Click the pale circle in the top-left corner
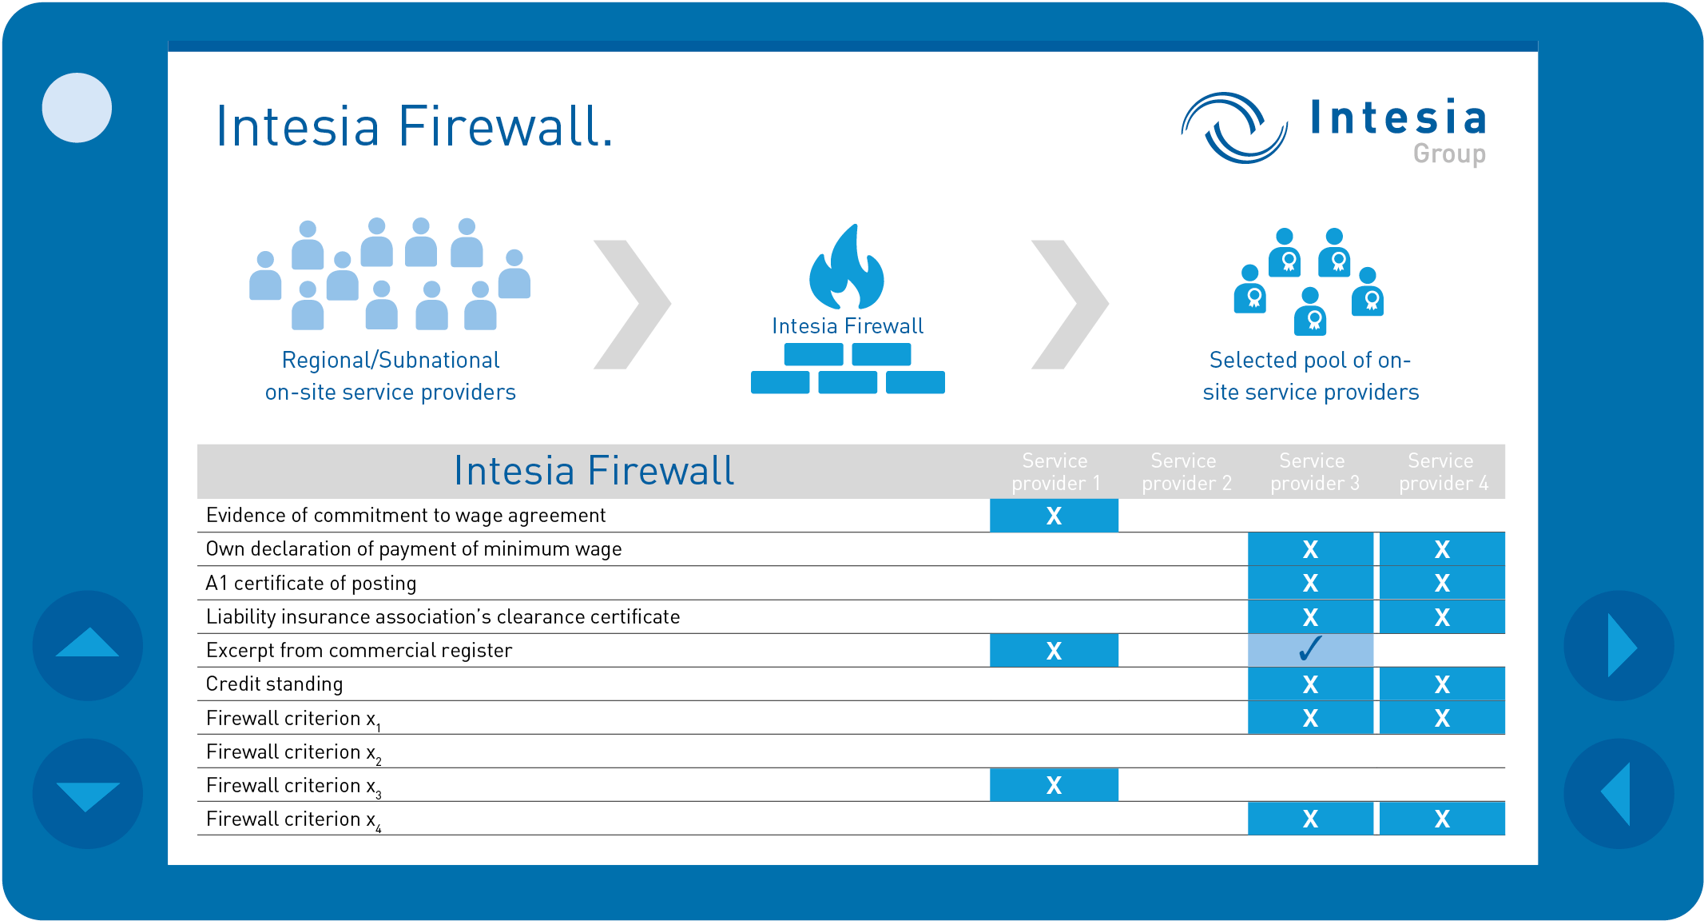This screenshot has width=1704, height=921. coord(77,108)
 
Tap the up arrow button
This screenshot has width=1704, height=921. coord(88,645)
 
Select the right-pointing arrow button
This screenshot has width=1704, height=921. coord(1619,645)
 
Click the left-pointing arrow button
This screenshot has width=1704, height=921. coord(1619,793)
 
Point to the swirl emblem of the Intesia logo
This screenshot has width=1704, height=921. coord(1234,128)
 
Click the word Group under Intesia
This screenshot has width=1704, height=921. coord(1449,153)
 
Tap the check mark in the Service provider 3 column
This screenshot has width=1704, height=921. coord(1310,648)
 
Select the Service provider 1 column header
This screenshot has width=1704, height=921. coord(1055,472)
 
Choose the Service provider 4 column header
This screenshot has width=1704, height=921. coord(1443,472)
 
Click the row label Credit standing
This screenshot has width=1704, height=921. coord(274,684)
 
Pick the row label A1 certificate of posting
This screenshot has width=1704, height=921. coord(311,584)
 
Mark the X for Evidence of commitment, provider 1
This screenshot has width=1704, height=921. coord(1054,516)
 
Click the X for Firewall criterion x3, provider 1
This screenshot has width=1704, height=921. coord(1054,786)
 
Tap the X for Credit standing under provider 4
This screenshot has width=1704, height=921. coord(1442,684)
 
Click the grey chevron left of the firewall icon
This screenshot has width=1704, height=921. coord(632,305)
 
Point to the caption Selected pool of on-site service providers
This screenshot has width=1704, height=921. coord(1310,376)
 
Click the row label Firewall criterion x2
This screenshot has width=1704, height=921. coord(293,753)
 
